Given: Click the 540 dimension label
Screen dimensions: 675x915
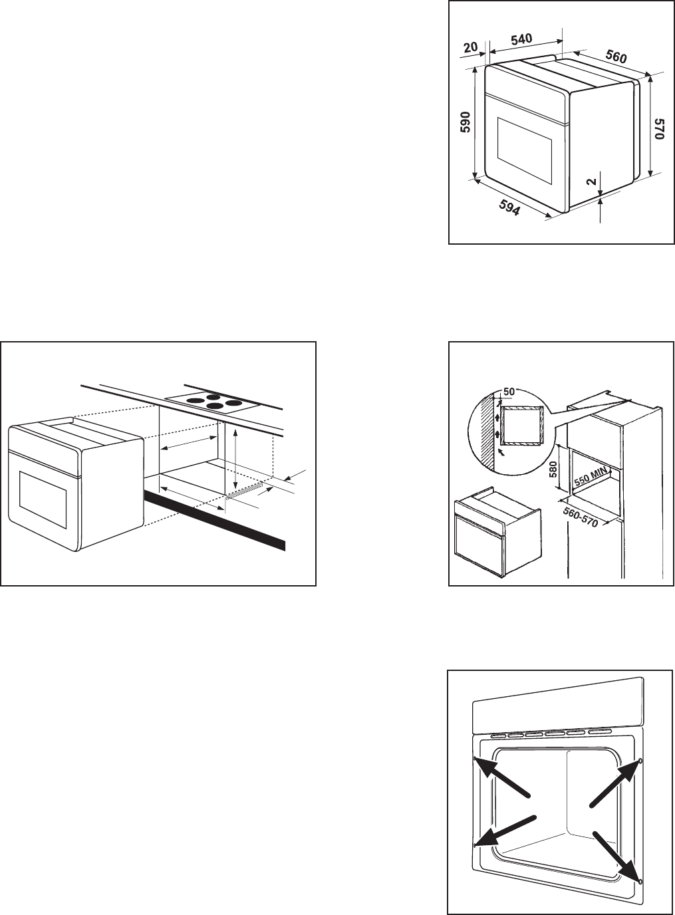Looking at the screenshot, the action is click(521, 40).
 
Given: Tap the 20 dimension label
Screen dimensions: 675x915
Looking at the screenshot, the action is click(470, 47).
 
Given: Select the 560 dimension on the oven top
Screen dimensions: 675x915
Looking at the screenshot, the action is click(616, 57).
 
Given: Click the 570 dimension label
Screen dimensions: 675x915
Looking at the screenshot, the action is click(658, 128).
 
